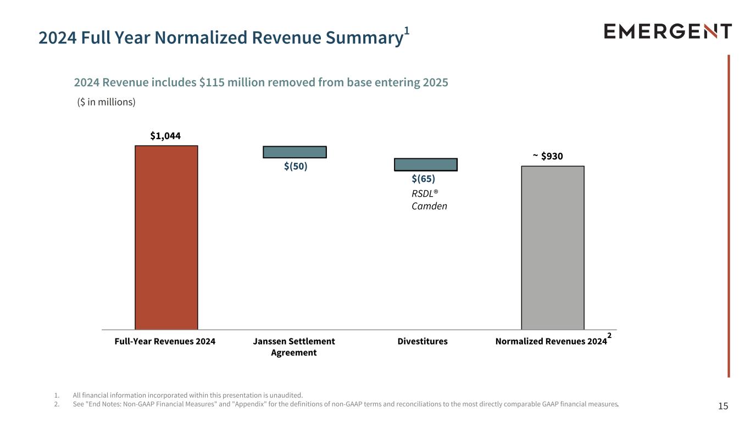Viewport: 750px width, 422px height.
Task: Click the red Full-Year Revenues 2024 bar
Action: point(166,237)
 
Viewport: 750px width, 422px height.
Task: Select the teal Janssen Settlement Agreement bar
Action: point(295,152)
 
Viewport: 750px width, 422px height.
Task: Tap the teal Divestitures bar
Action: point(426,165)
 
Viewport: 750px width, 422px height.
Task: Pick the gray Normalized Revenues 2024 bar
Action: point(553,248)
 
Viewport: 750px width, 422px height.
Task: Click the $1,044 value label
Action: point(165,136)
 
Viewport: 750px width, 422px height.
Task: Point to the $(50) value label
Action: point(296,166)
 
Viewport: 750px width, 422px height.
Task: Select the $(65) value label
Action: point(423,179)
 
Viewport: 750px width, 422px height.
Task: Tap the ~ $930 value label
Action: point(548,156)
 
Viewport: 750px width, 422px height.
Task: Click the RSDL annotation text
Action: point(425,193)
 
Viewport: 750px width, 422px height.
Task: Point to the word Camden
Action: point(429,206)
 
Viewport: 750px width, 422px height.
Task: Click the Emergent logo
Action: point(668,31)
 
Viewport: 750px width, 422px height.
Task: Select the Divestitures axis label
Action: point(423,341)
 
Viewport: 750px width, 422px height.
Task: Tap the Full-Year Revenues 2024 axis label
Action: point(165,341)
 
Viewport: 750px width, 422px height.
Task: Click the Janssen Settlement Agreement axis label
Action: point(294,347)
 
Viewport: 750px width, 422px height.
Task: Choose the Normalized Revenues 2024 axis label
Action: point(551,341)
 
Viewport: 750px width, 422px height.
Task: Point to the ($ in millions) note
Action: point(106,102)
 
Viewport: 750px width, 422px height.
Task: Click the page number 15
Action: point(723,406)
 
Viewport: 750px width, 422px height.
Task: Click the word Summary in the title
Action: point(365,37)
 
